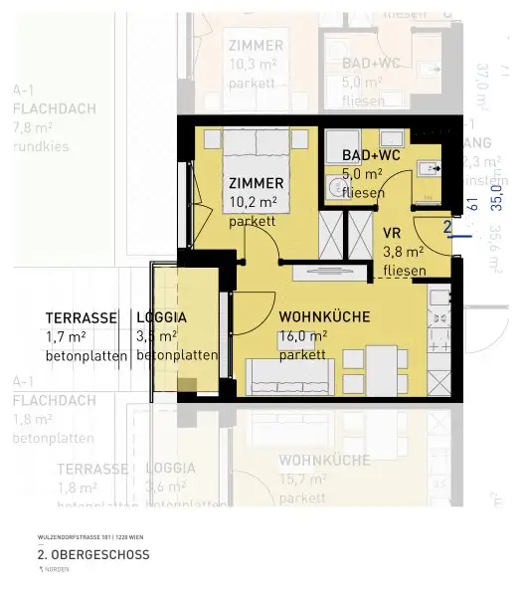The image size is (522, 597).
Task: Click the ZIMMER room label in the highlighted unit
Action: pyautogui.click(x=256, y=183)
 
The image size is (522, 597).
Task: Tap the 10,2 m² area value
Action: pyautogui.click(x=253, y=202)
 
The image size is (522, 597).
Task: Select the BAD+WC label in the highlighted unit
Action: pyautogui.click(x=371, y=156)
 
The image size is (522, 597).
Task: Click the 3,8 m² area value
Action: pyautogui.click(x=404, y=253)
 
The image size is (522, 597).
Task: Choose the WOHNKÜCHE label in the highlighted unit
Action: pyautogui.click(x=324, y=317)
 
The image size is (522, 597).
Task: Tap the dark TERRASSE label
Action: pyautogui.click(x=85, y=318)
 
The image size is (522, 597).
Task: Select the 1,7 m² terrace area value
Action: pyautogui.click(x=67, y=336)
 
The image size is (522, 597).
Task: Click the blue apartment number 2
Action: pyautogui.click(x=446, y=228)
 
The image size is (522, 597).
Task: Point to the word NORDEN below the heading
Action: pyautogui.click(x=58, y=568)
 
